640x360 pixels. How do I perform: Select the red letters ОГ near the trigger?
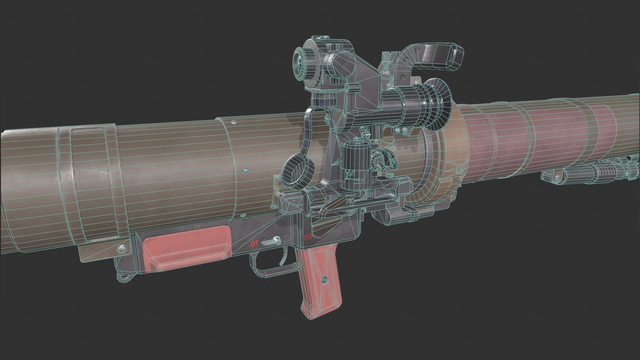(255, 244)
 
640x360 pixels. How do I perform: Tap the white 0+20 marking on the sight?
(386, 72)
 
